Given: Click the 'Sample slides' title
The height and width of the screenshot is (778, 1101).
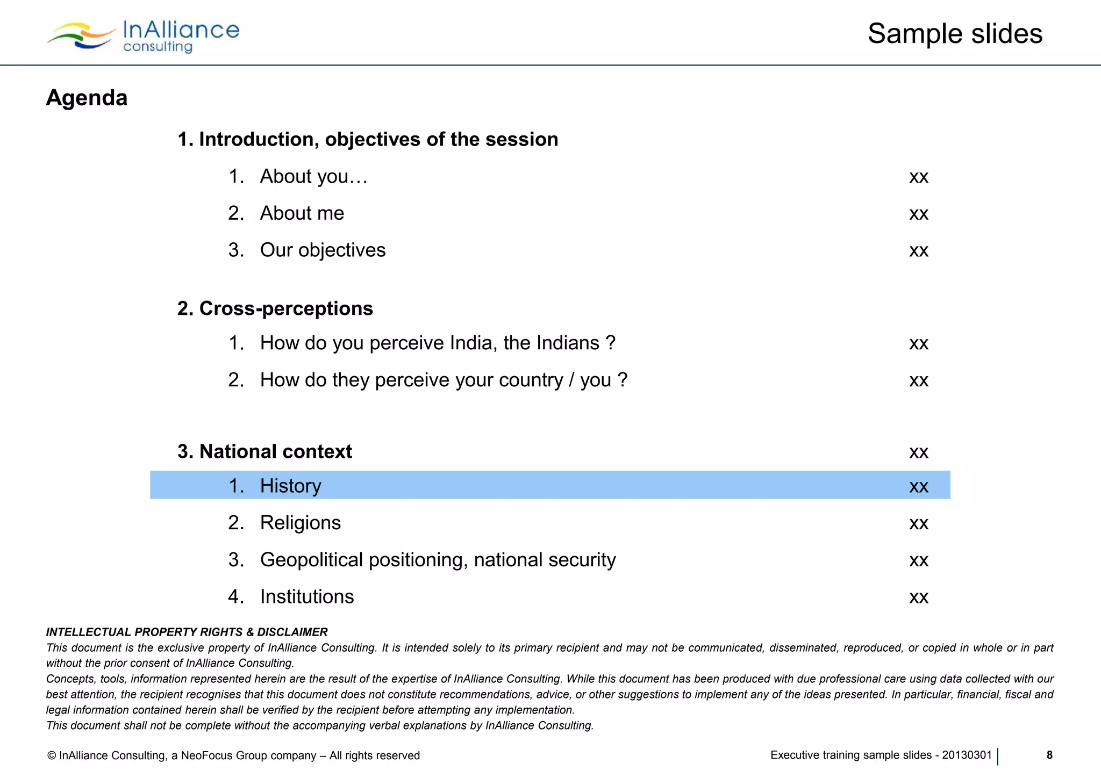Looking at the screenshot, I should (x=955, y=34).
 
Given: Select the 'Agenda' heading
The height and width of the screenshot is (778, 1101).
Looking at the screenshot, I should (x=87, y=98).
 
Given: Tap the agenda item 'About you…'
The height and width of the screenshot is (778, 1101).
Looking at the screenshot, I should (x=313, y=176).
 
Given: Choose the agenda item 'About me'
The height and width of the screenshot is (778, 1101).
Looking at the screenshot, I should (x=302, y=213).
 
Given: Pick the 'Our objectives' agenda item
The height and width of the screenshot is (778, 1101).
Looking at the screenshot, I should (x=323, y=250).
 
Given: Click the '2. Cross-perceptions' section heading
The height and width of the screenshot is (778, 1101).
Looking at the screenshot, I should (x=275, y=308).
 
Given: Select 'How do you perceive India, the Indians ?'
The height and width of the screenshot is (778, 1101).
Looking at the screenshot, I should (x=437, y=343).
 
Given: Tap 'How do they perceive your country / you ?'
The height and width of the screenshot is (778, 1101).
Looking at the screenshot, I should (x=444, y=380).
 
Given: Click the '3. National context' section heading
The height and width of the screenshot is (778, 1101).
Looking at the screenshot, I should (x=265, y=451).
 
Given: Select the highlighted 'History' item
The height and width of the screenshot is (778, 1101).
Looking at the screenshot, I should (x=290, y=486).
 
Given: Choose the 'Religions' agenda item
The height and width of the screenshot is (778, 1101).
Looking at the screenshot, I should (x=300, y=523).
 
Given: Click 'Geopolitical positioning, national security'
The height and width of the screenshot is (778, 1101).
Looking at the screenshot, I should (x=438, y=560).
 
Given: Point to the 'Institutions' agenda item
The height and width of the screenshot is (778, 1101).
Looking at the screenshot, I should (x=306, y=597).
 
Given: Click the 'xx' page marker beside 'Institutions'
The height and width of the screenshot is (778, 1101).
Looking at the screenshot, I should (x=919, y=597).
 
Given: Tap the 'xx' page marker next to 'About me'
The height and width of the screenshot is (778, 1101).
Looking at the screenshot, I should (x=919, y=214).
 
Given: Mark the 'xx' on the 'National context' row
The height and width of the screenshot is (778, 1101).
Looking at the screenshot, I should (x=919, y=452).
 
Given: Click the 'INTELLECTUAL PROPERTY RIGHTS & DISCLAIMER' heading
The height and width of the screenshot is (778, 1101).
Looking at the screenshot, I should (x=187, y=632).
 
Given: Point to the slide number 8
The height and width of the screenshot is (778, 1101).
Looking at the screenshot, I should (x=1049, y=755).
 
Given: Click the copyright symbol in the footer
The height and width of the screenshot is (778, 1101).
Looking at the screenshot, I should (x=52, y=755).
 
